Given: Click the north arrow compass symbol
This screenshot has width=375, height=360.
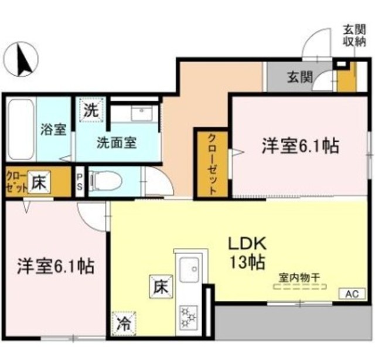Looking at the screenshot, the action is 21,59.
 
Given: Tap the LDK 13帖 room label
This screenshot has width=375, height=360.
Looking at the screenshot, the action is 247,253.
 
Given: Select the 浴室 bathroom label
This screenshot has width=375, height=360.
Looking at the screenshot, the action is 53,130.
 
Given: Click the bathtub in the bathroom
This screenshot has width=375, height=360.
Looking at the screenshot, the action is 21,130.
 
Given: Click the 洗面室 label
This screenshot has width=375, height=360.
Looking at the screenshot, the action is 117,143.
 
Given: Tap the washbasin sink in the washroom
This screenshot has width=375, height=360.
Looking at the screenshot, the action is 142,114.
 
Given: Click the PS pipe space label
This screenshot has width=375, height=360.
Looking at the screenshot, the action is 80,182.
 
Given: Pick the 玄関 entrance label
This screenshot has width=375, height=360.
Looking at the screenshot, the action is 300,77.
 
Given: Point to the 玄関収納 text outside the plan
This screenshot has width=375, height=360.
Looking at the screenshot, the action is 354,36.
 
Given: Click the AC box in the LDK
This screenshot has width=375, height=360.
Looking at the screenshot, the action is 353,294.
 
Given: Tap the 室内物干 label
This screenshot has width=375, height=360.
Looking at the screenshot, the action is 299,278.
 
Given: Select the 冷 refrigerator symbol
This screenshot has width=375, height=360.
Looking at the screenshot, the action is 124,324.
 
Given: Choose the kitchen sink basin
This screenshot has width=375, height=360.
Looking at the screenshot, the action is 189,270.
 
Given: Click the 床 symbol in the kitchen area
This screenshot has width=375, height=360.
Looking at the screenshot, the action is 161,287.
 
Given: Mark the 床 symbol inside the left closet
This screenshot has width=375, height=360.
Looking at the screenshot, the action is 39,182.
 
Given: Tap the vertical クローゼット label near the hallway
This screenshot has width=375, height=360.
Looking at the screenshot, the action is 212,164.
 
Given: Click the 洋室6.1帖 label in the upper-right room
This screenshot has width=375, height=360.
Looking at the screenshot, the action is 301,146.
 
